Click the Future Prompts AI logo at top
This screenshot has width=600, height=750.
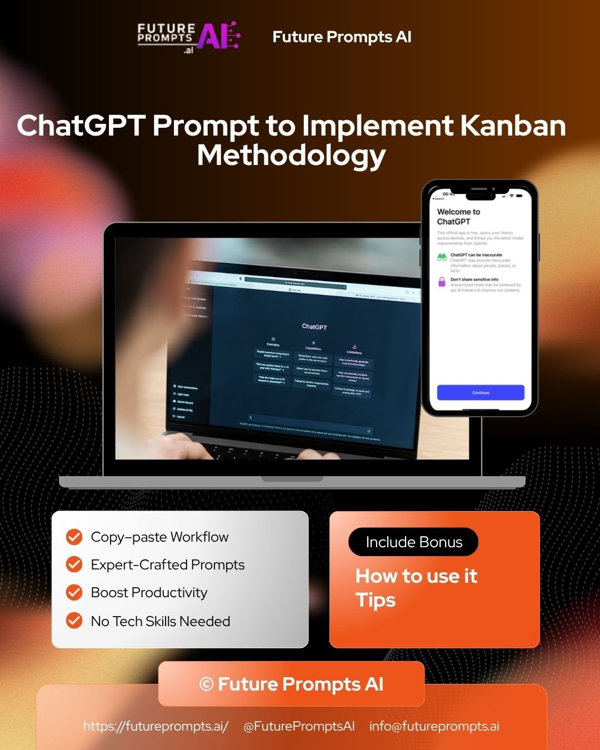click(x=188, y=37)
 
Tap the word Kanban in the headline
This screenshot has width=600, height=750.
click(x=513, y=126)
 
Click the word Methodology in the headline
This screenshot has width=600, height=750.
click(x=291, y=155)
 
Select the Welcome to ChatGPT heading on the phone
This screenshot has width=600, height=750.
click(x=458, y=216)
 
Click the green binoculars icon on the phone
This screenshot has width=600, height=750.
click(x=442, y=257)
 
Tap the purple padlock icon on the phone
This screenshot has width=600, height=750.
click(x=442, y=282)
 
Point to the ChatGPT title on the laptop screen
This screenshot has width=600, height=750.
click(x=314, y=327)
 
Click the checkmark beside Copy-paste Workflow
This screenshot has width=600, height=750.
click(x=74, y=537)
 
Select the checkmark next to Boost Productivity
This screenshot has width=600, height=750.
click(x=74, y=592)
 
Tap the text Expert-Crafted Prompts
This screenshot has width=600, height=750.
click(x=167, y=564)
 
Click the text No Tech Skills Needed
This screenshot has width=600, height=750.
click(x=160, y=621)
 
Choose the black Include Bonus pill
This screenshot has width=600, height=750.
click(x=413, y=542)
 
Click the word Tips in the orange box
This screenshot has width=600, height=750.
click(x=376, y=601)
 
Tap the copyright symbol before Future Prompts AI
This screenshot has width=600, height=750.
click(x=206, y=684)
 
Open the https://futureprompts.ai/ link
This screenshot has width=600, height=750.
click(x=156, y=726)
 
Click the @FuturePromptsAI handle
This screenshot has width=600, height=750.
click(x=299, y=726)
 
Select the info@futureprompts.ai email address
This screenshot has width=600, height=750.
click(x=434, y=726)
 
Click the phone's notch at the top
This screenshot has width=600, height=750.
click(x=480, y=196)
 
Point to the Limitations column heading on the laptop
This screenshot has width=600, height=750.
click(x=354, y=352)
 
